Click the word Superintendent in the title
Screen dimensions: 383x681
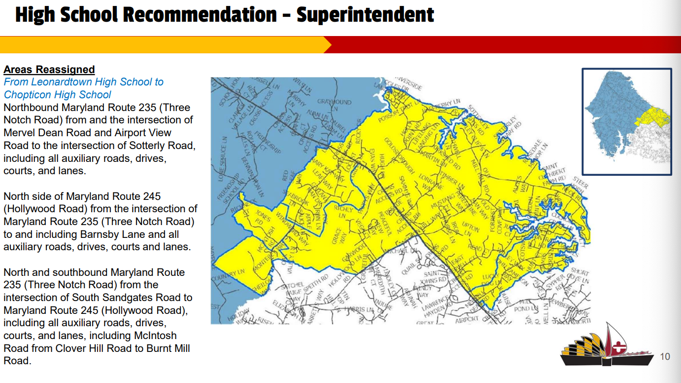(365, 15)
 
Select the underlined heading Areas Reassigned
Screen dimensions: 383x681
(49, 70)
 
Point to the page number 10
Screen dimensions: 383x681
(665, 356)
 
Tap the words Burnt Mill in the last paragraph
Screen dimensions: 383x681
(166, 348)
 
